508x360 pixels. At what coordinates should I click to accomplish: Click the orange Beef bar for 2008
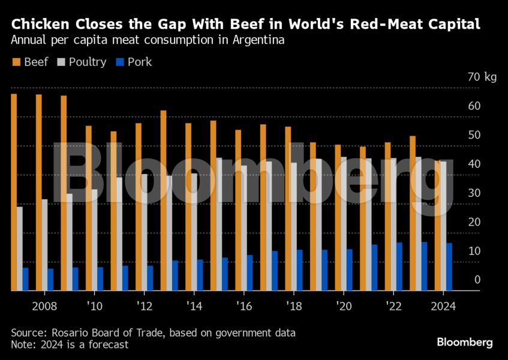tap(38, 192)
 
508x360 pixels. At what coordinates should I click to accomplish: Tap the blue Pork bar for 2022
tap(399, 266)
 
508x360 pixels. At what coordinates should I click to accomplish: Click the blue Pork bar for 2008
tap(50, 280)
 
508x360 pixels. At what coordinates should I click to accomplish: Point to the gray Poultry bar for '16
tap(244, 228)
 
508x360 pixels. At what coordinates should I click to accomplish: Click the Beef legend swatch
tap(16, 62)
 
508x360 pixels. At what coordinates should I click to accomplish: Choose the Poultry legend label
tap(88, 62)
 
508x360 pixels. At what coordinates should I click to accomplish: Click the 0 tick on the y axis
tap(477, 280)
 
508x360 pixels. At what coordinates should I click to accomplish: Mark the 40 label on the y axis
tap(474, 164)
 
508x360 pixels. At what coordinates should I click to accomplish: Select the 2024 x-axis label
tap(443, 306)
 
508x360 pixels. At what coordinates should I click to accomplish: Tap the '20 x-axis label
tap(343, 306)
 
